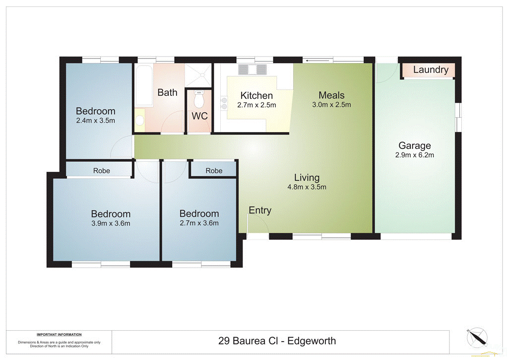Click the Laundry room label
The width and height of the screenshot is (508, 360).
(x=431, y=70)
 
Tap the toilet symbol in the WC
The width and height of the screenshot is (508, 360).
(x=199, y=99)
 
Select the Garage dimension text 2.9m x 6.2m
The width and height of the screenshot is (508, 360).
(x=415, y=155)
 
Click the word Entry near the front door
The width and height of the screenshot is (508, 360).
(x=260, y=211)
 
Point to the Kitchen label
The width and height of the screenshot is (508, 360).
(x=256, y=96)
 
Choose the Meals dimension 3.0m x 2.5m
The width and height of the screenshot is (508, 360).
(x=331, y=105)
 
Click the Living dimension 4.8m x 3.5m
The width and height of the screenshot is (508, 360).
(x=307, y=187)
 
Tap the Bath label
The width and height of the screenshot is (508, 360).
(x=167, y=92)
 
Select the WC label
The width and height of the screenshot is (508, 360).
(x=199, y=116)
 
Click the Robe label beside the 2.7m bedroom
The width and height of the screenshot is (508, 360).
(x=214, y=171)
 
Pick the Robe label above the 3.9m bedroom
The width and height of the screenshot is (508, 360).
(x=102, y=171)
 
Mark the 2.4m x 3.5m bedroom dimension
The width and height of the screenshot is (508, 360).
(x=96, y=121)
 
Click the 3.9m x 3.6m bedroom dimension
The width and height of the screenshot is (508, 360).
(x=111, y=223)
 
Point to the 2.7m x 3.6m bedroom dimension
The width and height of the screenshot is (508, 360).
(x=199, y=223)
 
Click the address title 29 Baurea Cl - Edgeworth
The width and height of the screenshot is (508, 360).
(x=277, y=341)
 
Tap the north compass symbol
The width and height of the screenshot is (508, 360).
(x=477, y=339)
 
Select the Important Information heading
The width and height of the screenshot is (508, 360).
(x=59, y=335)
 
